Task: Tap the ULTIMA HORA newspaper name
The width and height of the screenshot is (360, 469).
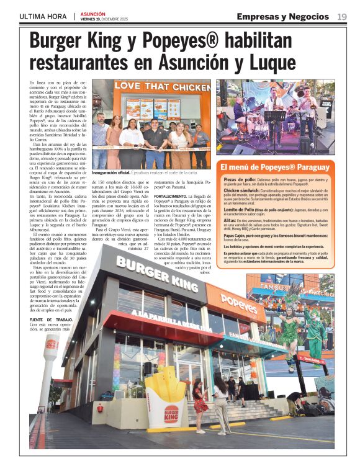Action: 43,16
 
